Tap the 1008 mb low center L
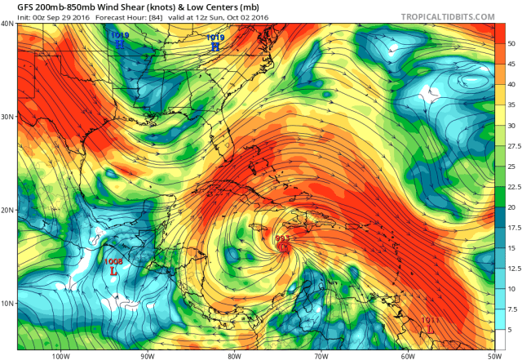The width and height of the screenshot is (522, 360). [113, 269]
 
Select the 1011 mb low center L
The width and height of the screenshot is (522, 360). [430, 328]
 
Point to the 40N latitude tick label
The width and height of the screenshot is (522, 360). [7, 24]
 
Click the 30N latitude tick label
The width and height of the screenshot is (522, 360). [7, 117]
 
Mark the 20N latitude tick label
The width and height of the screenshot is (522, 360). [7, 210]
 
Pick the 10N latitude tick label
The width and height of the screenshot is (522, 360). [7, 303]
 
